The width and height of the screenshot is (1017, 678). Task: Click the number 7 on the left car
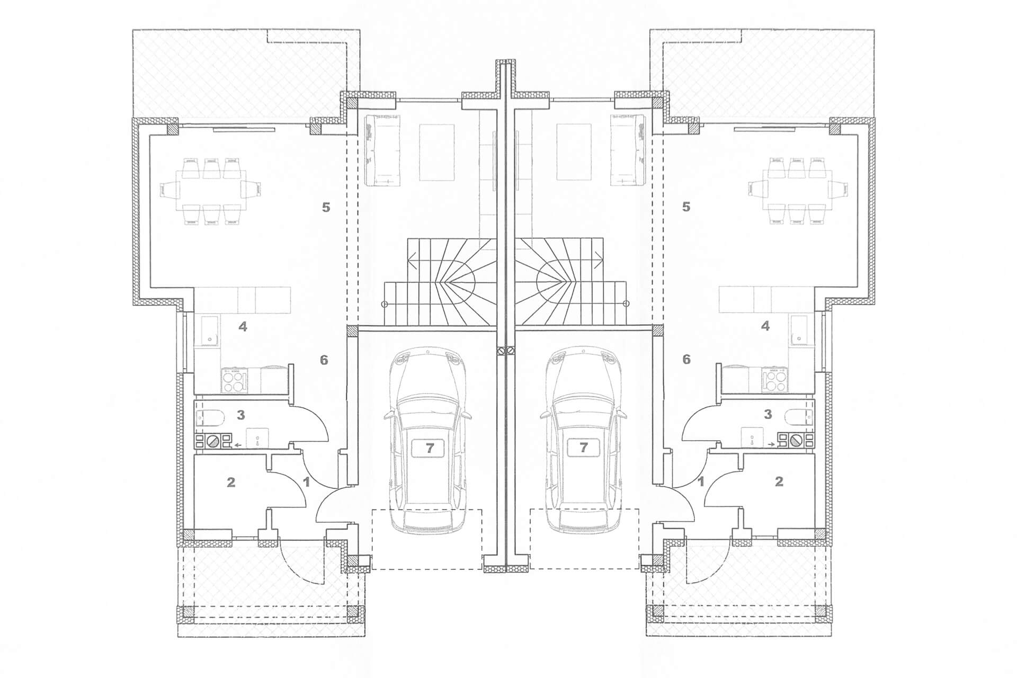[x=430, y=448]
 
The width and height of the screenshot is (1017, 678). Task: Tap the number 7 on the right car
[x=583, y=448]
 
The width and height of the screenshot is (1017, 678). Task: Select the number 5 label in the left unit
[x=326, y=207]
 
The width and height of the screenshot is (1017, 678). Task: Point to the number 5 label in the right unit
[x=686, y=207]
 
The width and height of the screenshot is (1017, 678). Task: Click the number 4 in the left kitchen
[x=243, y=327]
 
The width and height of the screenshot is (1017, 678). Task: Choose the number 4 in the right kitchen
[x=765, y=327]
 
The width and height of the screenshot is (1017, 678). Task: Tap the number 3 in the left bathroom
[x=240, y=415]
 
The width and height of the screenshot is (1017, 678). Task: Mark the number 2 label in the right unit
[x=779, y=482]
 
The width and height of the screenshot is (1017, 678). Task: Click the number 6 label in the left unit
[x=324, y=360]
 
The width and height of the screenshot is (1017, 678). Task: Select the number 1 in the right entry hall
[x=701, y=482]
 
